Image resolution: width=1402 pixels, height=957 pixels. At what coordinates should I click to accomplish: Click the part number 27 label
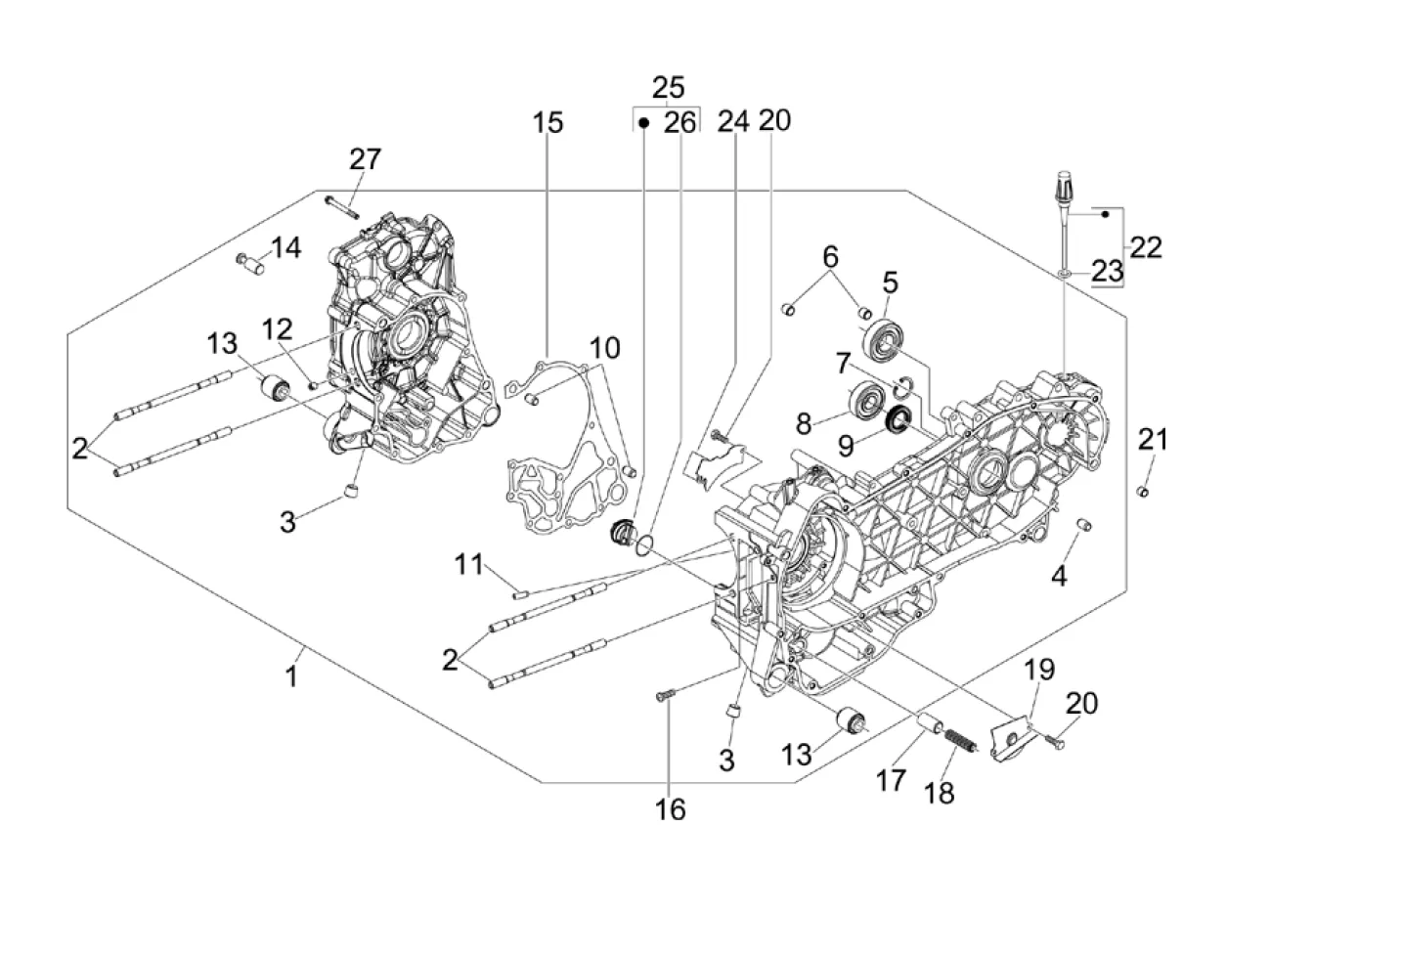click(x=365, y=159)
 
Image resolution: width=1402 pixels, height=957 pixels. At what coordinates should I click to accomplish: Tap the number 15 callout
click(x=548, y=122)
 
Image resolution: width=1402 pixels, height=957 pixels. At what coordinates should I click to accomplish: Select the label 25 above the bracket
click(x=668, y=88)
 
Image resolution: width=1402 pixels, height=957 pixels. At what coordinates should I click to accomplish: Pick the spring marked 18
click(x=959, y=741)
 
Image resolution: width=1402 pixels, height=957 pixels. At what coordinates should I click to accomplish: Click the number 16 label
click(x=671, y=809)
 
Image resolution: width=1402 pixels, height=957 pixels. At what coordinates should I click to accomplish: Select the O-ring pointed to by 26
click(x=644, y=546)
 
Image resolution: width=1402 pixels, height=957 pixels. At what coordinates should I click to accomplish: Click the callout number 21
click(x=1153, y=440)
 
